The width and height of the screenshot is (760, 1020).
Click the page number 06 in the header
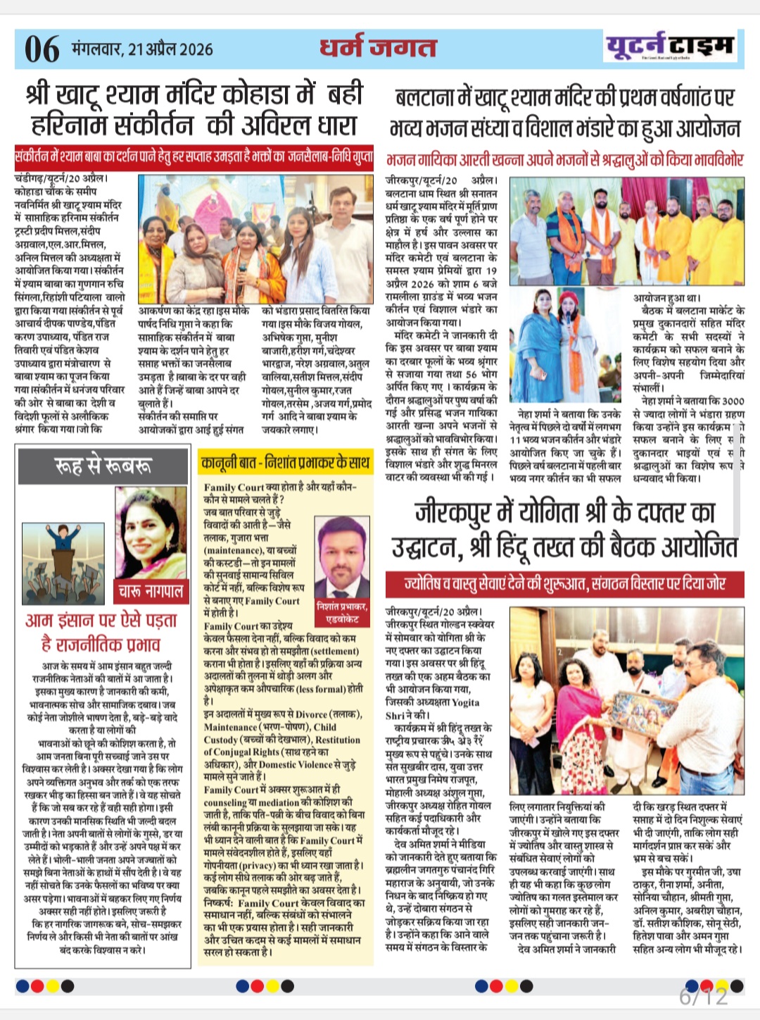(42, 49)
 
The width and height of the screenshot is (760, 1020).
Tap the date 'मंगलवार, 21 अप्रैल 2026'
(142, 49)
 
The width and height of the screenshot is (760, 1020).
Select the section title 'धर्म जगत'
(378, 47)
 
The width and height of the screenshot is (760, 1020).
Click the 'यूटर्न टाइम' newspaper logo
(669, 46)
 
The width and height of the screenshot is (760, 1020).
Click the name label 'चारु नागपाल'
(151, 590)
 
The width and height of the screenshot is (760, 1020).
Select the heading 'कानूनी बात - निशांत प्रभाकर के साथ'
(285, 463)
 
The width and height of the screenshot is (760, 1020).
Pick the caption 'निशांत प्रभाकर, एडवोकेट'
(342, 612)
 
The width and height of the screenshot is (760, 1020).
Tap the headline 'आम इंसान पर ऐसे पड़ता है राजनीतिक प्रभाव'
(101, 632)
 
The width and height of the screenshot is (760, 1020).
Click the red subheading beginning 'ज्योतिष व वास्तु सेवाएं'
(564, 584)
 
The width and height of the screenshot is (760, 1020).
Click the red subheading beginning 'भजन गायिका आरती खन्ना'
(564, 160)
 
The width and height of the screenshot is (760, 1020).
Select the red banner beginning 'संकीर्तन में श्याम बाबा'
(194, 156)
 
